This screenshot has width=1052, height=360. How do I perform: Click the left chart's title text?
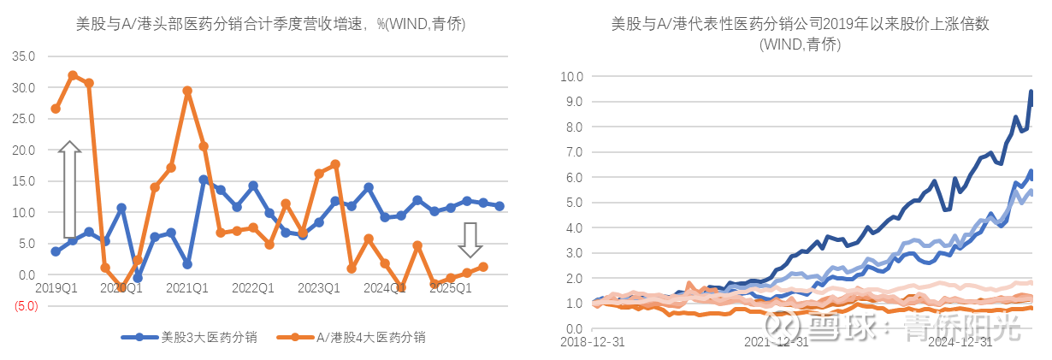click(x=270, y=25)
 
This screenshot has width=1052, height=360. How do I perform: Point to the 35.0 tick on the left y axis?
click(x=24, y=56)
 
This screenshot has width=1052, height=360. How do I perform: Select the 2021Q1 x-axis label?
click(x=188, y=289)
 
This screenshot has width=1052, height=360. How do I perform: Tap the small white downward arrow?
click(x=469, y=239)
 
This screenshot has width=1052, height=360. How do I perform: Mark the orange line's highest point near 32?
click(x=73, y=75)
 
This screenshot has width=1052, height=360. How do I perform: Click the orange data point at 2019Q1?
click(x=56, y=109)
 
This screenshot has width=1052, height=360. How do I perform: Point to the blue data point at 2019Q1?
click(x=56, y=251)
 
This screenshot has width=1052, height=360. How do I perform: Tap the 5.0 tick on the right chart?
click(x=573, y=203)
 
